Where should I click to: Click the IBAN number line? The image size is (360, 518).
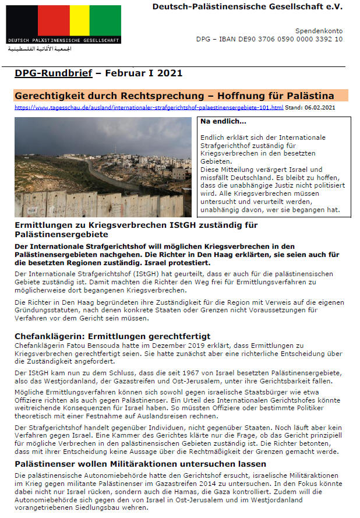click(269, 39)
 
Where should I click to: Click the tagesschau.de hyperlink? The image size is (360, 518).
click(149, 108)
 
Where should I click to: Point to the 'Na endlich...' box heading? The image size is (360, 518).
click(224, 122)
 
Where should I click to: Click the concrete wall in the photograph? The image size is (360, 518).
click(87, 204)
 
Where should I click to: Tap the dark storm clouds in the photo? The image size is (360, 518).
click(87, 131)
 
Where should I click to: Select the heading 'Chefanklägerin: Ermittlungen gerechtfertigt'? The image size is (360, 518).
click(112, 336)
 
